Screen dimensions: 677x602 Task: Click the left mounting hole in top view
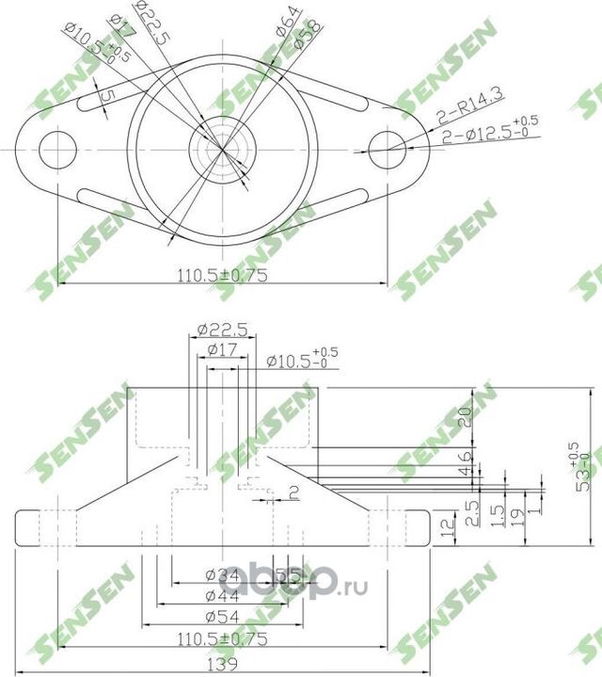point(57,149)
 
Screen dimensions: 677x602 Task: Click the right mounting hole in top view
point(386,149)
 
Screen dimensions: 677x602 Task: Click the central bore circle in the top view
point(221,149)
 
